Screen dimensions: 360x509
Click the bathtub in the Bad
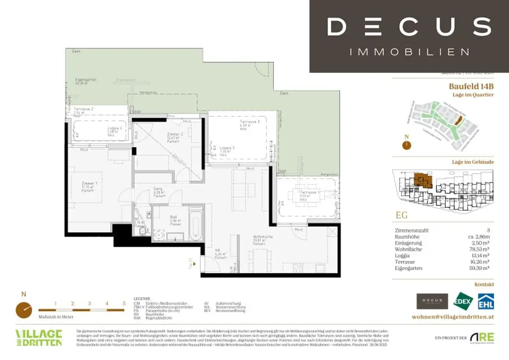click(196, 225)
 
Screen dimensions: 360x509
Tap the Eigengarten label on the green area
click(85, 81)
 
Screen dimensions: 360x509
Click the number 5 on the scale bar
click(124, 303)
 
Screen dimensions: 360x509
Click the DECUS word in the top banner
click(409, 26)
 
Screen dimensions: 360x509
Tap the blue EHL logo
click(485, 301)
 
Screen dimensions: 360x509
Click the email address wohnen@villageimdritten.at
click(453, 317)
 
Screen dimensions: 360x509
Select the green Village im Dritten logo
click(39, 337)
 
